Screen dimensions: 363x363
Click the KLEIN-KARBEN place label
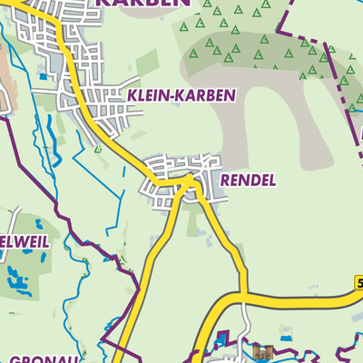click(181, 94)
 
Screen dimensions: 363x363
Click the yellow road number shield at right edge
click(359, 284)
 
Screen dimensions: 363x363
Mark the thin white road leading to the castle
click(246, 322)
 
